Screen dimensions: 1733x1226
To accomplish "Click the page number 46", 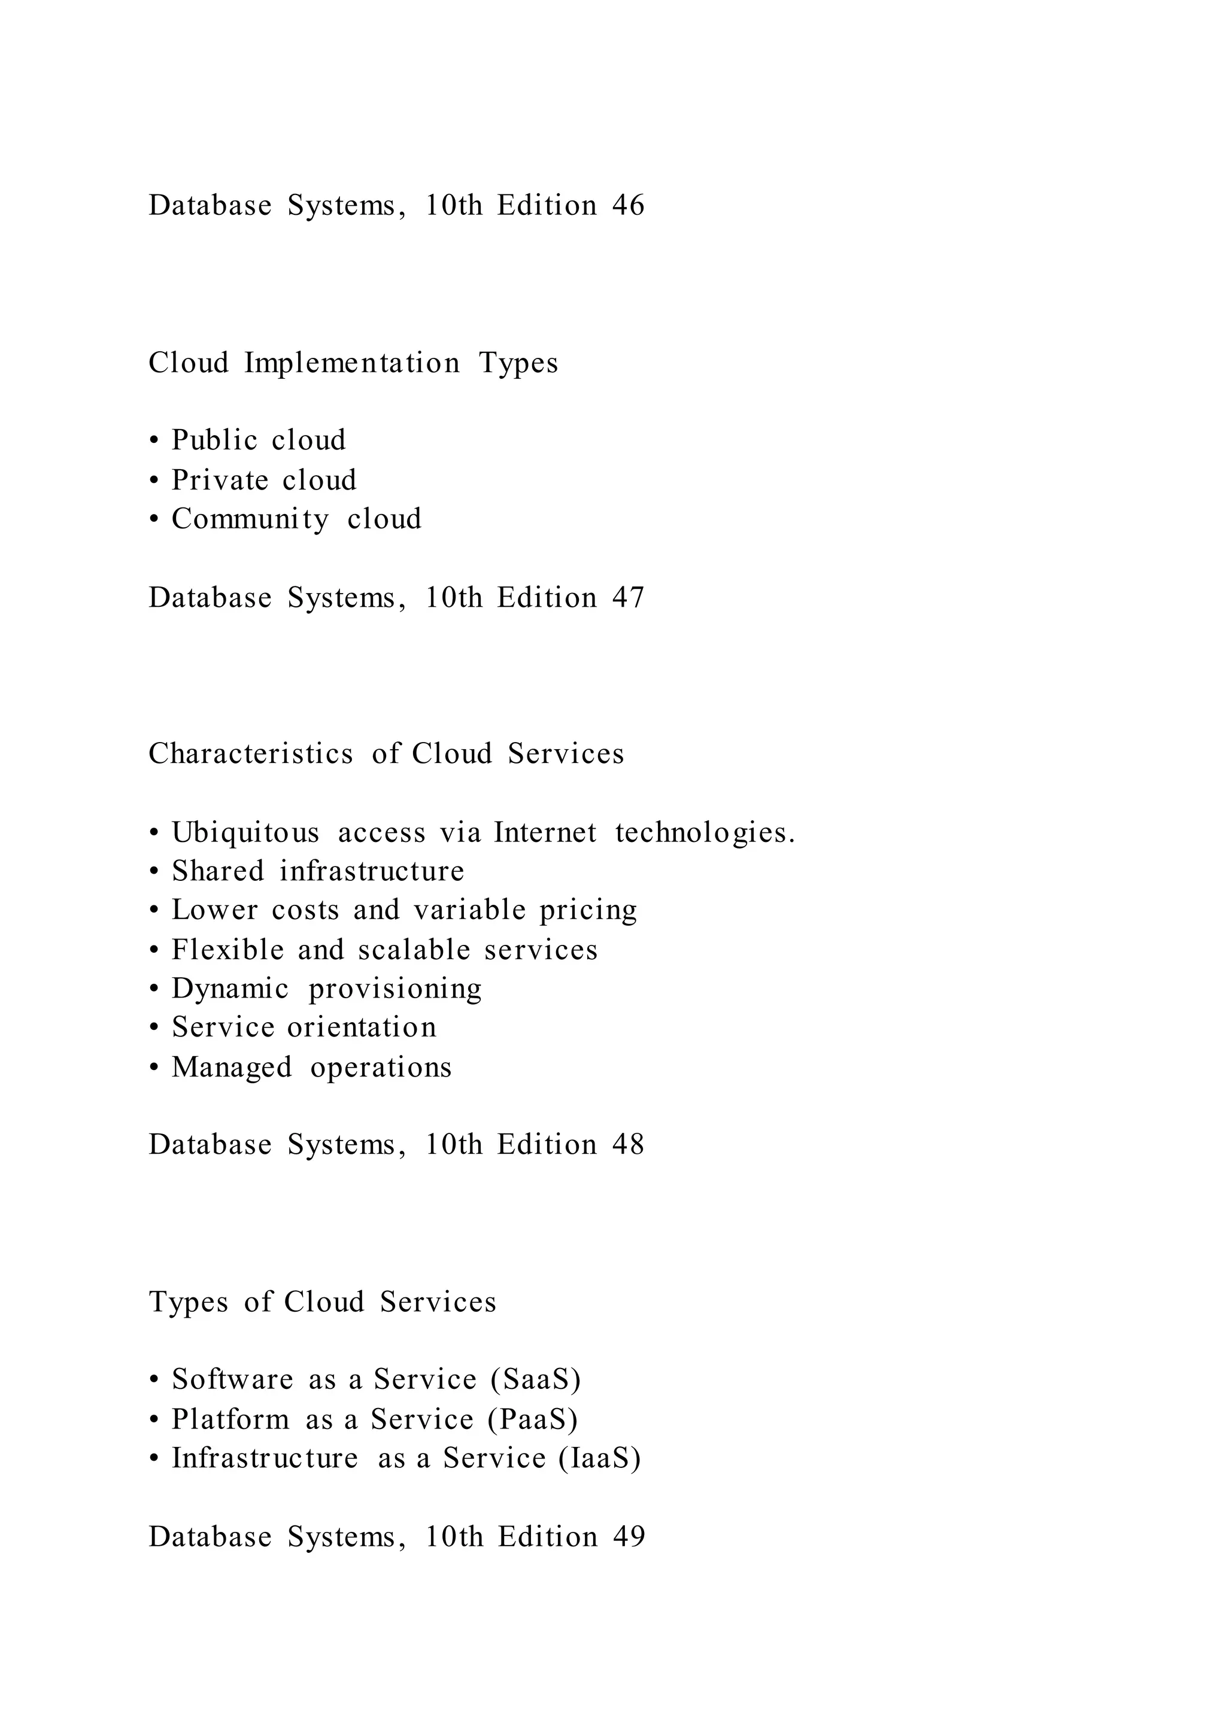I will (x=628, y=205).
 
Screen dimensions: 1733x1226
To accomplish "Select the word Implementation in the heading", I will (x=352, y=363).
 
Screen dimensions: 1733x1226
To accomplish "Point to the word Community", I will (x=250, y=519).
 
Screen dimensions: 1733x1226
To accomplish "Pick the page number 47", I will (x=628, y=598).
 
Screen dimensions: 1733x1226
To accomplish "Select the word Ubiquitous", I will (x=245, y=832).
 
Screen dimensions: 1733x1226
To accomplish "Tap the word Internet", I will (x=545, y=832).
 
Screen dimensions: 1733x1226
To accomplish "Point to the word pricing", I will (x=588, y=911).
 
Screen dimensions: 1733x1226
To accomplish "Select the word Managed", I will (x=232, y=1068).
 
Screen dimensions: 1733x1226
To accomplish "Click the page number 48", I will (x=628, y=1144).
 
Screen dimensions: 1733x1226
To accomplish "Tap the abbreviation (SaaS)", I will (x=536, y=1379).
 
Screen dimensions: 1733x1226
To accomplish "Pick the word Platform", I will (x=230, y=1419).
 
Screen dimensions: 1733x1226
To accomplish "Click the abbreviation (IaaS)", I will (x=600, y=1458).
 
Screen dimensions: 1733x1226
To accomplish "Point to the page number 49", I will (x=629, y=1537).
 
